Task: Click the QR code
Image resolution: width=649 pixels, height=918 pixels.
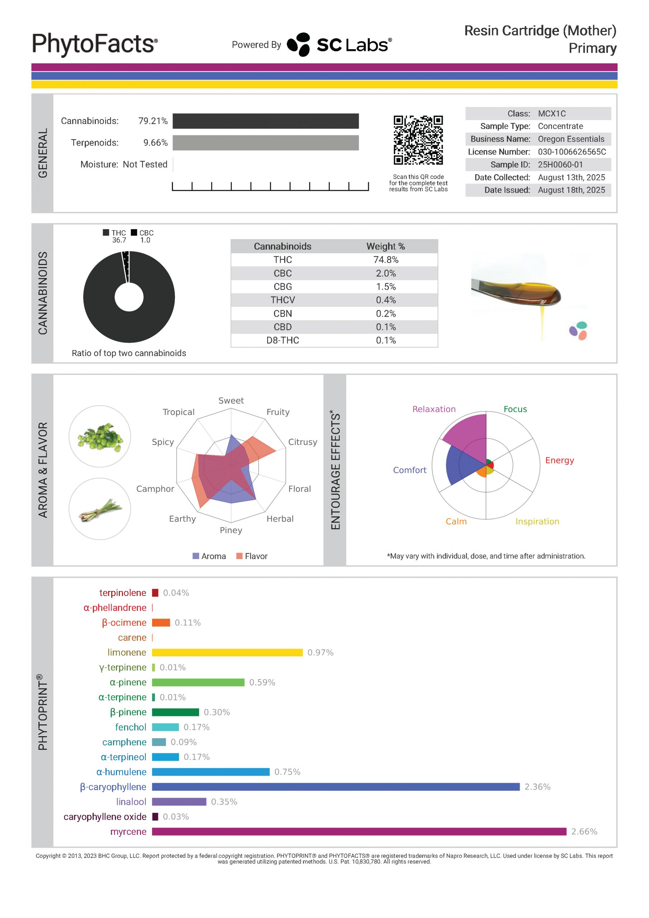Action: [418, 140]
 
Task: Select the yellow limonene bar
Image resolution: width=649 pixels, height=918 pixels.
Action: [227, 653]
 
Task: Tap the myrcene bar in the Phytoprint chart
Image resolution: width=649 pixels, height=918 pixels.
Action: [359, 832]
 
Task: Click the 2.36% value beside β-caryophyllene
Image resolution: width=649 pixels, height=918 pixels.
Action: [537, 787]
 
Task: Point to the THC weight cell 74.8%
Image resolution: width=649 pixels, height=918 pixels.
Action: [386, 260]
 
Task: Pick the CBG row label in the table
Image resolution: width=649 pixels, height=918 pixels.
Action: [282, 287]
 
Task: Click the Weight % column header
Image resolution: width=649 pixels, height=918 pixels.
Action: [386, 246]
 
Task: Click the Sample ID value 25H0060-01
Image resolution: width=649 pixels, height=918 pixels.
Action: [560, 165]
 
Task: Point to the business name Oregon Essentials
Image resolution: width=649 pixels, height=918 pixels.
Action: [571, 139]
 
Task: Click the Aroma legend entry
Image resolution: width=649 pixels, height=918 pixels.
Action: [209, 556]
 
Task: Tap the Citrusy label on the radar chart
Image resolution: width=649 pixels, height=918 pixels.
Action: [302, 442]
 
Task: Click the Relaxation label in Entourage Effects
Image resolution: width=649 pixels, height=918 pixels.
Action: [434, 409]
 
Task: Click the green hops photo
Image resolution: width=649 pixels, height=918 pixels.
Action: [100, 437]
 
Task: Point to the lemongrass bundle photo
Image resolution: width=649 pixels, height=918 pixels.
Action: [100, 509]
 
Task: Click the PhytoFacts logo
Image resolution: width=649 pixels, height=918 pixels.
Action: [95, 44]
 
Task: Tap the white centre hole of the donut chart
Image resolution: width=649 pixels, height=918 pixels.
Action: [129, 297]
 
